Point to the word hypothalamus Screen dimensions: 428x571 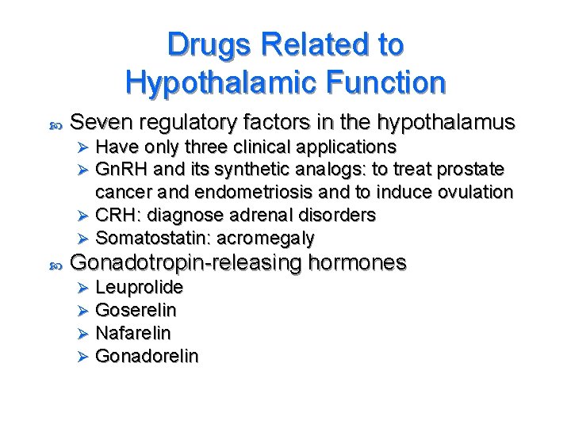[x=448, y=124]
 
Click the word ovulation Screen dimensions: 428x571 [x=477, y=193]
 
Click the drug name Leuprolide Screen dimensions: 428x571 [x=139, y=287]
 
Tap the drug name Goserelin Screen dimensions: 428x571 [x=136, y=310]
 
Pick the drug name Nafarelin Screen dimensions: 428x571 [x=132, y=333]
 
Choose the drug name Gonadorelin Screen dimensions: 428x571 [x=147, y=356]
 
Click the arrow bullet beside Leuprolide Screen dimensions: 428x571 [x=79, y=287]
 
